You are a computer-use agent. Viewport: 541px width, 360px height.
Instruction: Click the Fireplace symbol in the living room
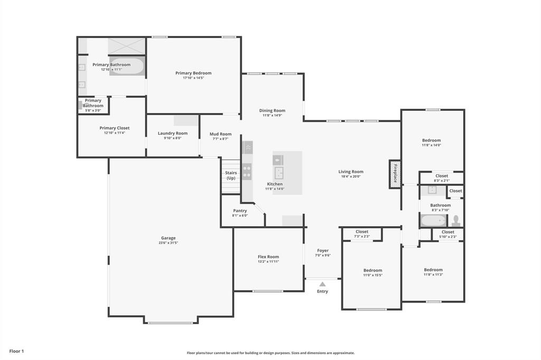pyautogui.click(x=395, y=174)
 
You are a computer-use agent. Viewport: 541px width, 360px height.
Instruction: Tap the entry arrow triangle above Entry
pyautogui.click(x=322, y=284)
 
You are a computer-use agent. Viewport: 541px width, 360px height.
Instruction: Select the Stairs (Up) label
pyautogui.click(x=231, y=175)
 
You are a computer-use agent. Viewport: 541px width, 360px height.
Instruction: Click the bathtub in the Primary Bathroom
pyautogui.click(x=127, y=67)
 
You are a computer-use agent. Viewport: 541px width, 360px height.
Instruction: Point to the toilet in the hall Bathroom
pyautogui.click(x=456, y=220)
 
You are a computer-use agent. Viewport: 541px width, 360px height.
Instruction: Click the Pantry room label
pyautogui.click(x=240, y=211)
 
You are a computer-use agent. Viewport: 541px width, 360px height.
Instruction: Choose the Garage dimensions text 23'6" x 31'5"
pyautogui.click(x=169, y=243)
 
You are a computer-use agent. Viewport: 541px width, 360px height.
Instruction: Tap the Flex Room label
pyautogui.click(x=268, y=257)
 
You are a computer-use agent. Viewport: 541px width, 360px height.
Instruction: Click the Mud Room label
pyautogui.click(x=220, y=134)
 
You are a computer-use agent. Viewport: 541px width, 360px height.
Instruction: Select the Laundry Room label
pyautogui.click(x=173, y=133)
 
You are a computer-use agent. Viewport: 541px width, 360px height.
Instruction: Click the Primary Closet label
pyautogui.click(x=115, y=128)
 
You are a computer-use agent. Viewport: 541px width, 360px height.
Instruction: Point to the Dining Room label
pyautogui.click(x=272, y=110)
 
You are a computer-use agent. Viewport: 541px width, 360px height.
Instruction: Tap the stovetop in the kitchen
pyautogui.click(x=247, y=172)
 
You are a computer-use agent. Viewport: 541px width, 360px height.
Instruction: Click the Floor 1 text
pyautogui.click(x=16, y=351)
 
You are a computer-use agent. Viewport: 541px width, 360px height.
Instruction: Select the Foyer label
pyautogui.click(x=323, y=251)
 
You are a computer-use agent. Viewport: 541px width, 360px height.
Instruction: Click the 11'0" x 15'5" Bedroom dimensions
pyautogui.click(x=372, y=275)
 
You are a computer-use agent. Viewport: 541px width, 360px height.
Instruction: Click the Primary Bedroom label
pyautogui.click(x=193, y=73)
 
